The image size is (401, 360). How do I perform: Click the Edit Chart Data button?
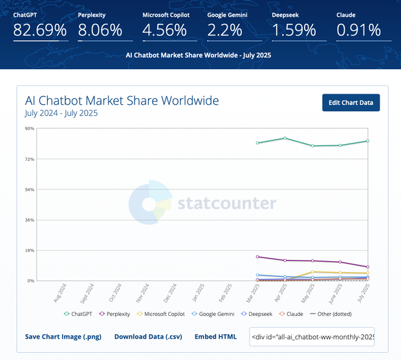351,103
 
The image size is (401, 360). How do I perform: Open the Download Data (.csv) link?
149,337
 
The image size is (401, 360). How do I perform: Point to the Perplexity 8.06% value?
100,30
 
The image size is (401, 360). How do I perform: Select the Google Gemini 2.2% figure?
225,30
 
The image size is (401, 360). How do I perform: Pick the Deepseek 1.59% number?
294,30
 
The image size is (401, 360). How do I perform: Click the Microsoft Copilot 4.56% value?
165,30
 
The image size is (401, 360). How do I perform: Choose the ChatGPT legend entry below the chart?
78,314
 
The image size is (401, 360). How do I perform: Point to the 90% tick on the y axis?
30,129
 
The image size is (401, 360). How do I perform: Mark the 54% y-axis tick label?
30,189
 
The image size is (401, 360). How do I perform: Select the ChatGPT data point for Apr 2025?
285,138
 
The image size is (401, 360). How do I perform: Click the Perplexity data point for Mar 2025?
257,257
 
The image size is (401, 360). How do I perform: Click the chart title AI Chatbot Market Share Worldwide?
122,101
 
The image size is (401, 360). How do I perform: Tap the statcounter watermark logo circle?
149,204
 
